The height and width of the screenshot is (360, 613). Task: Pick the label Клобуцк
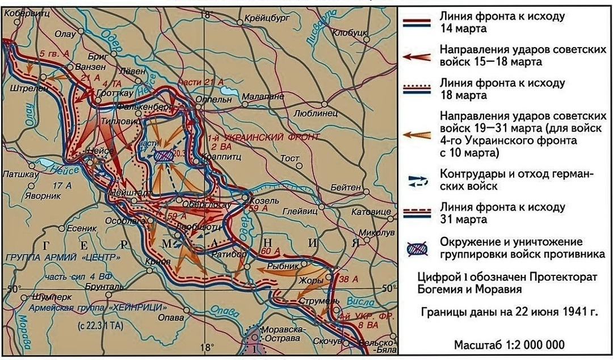352,34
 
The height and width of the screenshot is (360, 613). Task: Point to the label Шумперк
39,296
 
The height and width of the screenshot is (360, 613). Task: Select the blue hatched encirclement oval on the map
164,156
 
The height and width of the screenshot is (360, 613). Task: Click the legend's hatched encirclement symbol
418,248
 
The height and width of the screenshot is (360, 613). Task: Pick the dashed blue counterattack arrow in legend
418,180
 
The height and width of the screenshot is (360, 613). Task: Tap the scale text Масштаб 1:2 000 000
509,345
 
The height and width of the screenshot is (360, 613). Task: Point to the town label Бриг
98,57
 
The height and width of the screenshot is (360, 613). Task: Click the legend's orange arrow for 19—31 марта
418,134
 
